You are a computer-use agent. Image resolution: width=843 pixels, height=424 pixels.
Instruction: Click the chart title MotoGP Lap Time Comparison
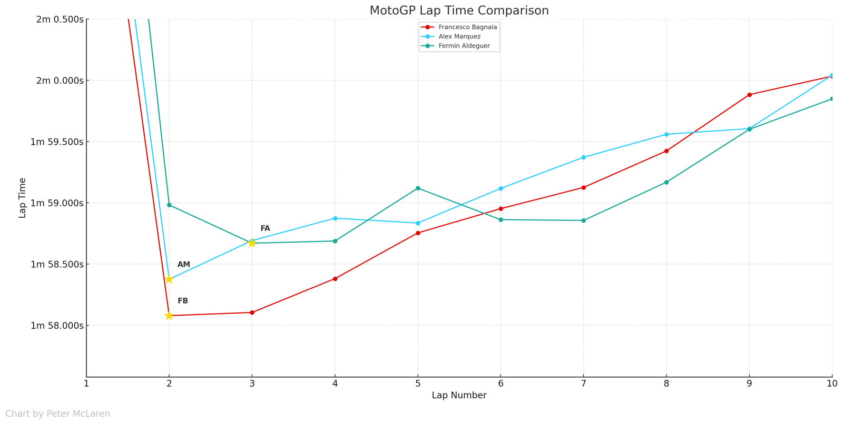(459, 11)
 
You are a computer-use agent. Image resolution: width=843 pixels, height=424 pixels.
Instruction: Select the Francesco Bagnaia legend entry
(467, 27)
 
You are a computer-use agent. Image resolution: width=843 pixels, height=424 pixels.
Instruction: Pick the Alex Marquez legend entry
(459, 36)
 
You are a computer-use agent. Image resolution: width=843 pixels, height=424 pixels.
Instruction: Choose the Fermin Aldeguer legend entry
(464, 46)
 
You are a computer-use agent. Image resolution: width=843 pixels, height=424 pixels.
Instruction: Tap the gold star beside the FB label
(169, 316)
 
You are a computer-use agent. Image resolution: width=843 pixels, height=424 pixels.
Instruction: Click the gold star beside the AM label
(169, 279)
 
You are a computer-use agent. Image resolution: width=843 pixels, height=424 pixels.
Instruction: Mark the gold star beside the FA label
(252, 243)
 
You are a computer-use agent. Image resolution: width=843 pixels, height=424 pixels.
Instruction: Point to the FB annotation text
(183, 301)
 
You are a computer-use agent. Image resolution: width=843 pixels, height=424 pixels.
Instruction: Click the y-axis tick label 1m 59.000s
(56, 203)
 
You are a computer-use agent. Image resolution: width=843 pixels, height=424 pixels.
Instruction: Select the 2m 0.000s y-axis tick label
(60, 80)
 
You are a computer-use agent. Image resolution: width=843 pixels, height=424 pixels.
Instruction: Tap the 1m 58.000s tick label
(56, 326)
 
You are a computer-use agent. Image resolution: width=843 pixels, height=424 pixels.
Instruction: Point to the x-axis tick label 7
(583, 383)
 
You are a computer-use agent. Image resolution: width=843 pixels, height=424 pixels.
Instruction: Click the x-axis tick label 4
(335, 383)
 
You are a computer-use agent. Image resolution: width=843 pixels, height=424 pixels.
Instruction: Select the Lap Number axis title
(459, 396)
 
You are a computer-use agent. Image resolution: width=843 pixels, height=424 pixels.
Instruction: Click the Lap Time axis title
(23, 198)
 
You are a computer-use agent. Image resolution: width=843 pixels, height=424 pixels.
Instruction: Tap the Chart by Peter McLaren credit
(58, 414)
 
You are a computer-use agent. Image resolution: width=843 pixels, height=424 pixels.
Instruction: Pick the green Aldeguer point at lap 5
(418, 188)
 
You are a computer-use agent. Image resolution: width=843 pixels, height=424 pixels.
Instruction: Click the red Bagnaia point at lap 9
(749, 95)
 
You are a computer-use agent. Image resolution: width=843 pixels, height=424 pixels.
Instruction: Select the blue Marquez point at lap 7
(583, 157)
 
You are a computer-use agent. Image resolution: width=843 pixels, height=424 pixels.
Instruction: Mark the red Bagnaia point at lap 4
(335, 279)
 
